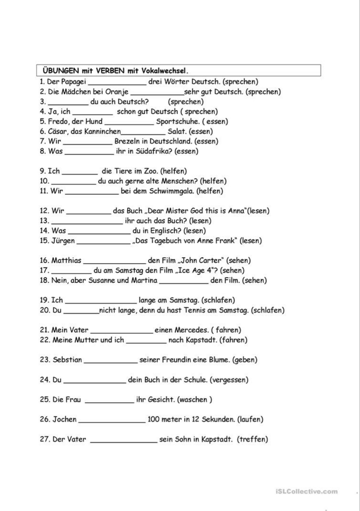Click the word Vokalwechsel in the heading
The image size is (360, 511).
[x=165, y=71]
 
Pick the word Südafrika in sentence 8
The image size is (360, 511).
[x=153, y=151]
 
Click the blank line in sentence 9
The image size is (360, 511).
[x=80, y=173]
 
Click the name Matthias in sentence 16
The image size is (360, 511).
[x=66, y=260]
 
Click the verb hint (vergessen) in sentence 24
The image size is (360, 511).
[x=229, y=380]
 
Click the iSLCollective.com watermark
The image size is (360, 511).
[x=306, y=492]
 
